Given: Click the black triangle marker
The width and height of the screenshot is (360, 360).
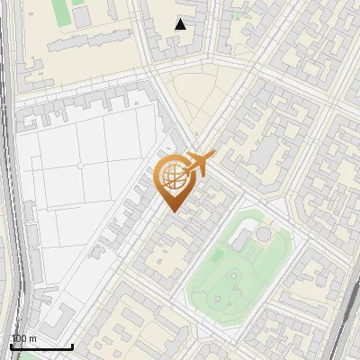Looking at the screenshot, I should tap(181, 24).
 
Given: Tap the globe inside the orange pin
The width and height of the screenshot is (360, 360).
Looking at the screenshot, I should tap(173, 176).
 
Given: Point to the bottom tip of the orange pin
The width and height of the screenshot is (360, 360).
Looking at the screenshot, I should tap(173, 211).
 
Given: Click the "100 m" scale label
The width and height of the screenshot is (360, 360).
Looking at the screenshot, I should tap(23, 338).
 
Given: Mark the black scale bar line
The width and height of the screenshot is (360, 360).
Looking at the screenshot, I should tap(41, 346).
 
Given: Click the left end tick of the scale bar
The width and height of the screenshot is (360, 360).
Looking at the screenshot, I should tap(11, 345).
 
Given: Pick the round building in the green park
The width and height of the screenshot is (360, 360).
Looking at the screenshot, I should tap(262, 235).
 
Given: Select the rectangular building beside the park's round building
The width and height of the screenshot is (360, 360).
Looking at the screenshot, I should tap(242, 238).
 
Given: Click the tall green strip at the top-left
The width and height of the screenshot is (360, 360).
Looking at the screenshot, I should tap(60, 12).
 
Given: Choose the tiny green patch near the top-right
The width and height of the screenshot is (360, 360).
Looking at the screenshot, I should tap(237, 14).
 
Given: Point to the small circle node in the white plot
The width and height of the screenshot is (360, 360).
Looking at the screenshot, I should tap(80, 166).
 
